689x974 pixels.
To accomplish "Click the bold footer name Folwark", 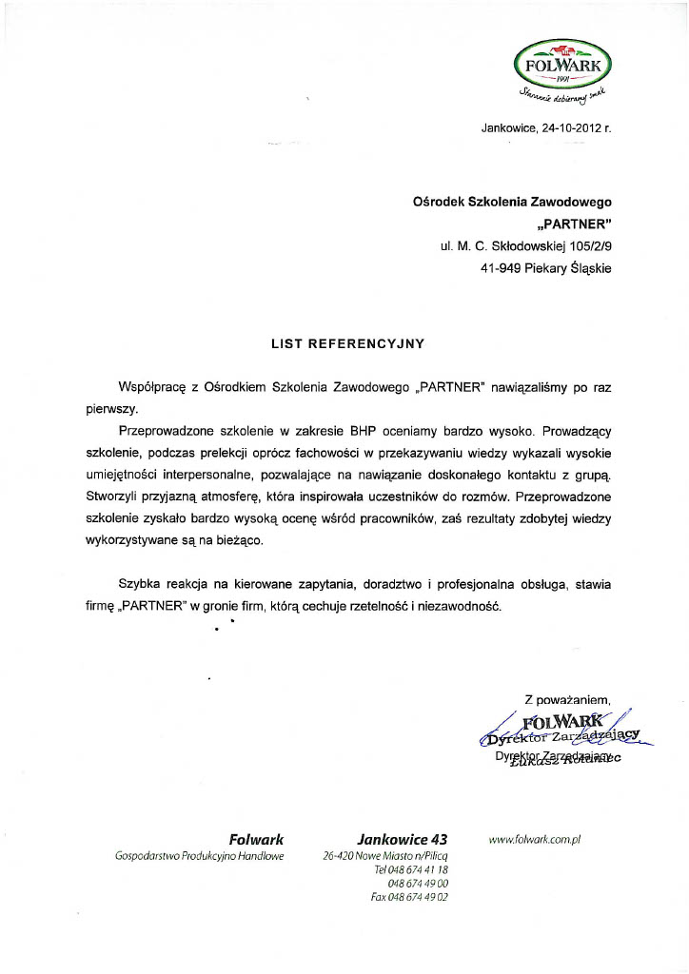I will tap(256, 839).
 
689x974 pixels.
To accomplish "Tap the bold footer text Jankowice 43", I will tap(402, 839).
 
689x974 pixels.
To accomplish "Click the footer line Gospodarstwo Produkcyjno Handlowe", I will tap(200, 856).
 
